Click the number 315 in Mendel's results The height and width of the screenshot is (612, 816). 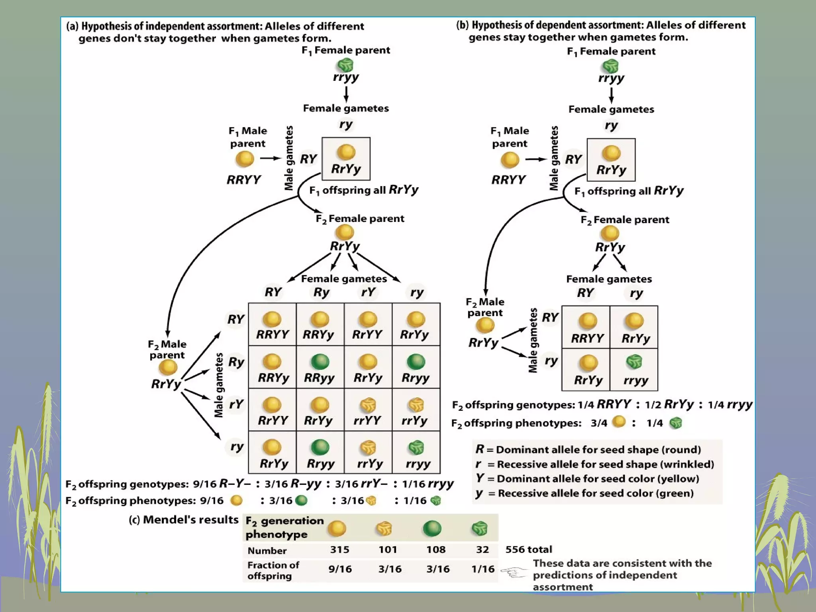(x=339, y=549)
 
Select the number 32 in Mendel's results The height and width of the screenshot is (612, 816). (x=482, y=549)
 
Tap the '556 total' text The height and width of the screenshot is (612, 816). (x=528, y=549)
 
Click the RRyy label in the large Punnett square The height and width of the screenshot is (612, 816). (x=319, y=377)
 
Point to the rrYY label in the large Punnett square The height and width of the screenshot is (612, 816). (x=367, y=420)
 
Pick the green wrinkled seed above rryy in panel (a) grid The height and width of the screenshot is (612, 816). (x=416, y=447)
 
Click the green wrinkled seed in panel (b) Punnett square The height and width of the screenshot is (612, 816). (x=634, y=362)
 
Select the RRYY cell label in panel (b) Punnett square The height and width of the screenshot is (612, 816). (x=587, y=338)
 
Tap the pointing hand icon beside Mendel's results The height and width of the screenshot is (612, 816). (x=514, y=573)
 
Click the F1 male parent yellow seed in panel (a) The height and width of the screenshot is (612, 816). (x=245, y=159)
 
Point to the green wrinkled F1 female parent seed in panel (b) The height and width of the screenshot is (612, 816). (x=610, y=66)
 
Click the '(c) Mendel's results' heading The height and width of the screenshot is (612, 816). (x=183, y=520)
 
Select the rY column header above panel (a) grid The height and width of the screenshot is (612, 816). (x=368, y=292)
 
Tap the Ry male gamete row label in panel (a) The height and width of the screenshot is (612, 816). (x=236, y=362)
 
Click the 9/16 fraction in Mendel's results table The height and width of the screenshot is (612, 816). (x=339, y=569)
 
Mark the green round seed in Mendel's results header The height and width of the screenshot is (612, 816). (x=432, y=529)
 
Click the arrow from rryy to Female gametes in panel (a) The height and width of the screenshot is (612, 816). (x=346, y=94)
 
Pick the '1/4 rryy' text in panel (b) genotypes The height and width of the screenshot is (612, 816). (x=730, y=405)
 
